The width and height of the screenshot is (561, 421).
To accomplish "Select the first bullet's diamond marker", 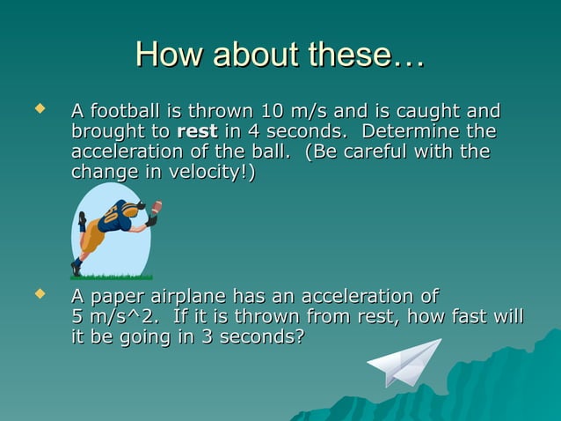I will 37,109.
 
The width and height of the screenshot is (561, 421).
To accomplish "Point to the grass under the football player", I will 109,276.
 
